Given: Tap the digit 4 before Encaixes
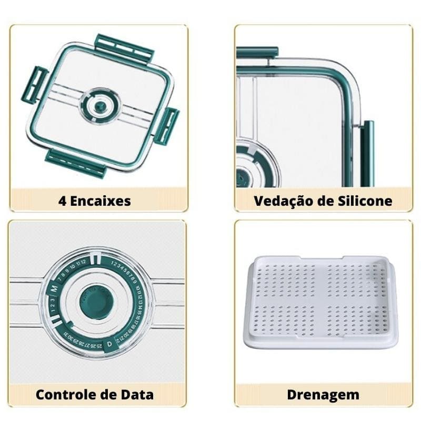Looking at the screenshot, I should [x=62, y=201].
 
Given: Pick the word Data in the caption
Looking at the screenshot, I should [x=137, y=394].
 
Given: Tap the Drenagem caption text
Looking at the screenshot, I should [x=323, y=394].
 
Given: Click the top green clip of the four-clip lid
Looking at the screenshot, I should [x=124, y=48].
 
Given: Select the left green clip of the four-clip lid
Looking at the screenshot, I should [x=34, y=85].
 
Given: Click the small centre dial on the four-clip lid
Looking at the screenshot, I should [x=100, y=106].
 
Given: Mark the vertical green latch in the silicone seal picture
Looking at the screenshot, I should [x=367, y=153].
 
